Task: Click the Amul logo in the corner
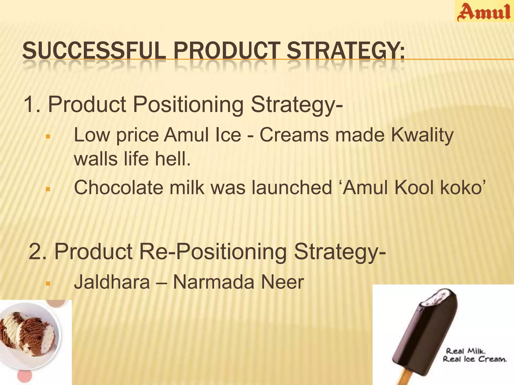484,12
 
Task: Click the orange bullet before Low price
48,137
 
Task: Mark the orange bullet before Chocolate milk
48,189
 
